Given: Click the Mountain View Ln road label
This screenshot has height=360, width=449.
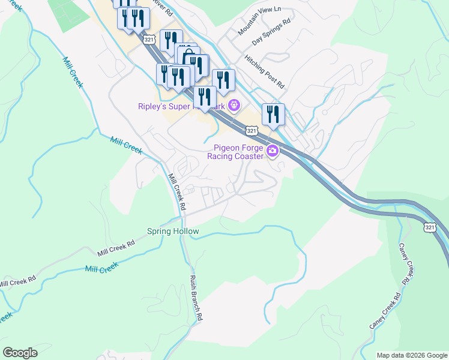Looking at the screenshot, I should click(258, 22).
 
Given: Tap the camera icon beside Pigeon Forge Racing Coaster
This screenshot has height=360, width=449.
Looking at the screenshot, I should click(272, 151).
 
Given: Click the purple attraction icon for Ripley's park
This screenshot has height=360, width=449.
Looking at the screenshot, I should click(234, 107).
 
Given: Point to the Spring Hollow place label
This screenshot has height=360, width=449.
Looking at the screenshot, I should click(173, 231).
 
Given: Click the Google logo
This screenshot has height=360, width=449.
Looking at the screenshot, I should click(20, 353).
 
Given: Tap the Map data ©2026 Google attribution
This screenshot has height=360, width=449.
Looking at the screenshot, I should click(412, 355).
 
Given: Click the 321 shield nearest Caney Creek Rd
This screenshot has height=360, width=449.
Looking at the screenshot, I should click(429, 227).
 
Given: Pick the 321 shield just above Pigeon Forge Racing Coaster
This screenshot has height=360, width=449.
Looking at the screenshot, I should click(252, 130).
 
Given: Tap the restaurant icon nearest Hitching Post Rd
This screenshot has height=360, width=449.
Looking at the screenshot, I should click(273, 113).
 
